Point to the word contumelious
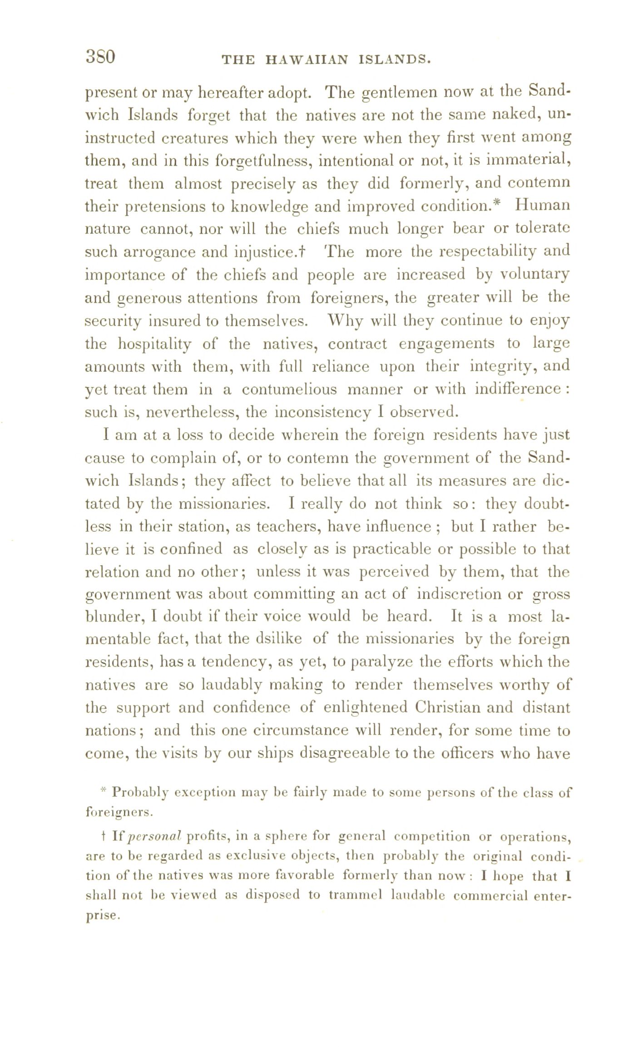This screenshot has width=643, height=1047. (289, 390)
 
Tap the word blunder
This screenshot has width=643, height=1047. (112, 617)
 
